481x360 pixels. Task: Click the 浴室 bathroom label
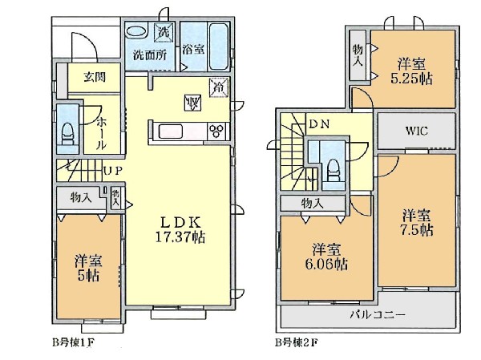[193, 49]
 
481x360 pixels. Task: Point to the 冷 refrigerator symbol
[217, 86]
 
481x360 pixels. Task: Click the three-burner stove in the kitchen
[216, 131]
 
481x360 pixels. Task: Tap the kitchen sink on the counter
[172, 131]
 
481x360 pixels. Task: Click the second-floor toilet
[331, 168]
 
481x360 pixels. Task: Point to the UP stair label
[111, 170]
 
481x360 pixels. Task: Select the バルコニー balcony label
[370, 314]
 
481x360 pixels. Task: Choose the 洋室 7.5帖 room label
[418, 222]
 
